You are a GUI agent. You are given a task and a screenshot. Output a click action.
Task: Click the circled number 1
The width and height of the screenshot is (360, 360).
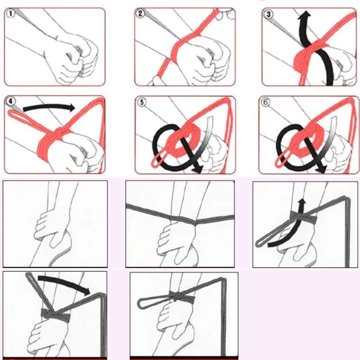click(x=10, y=13)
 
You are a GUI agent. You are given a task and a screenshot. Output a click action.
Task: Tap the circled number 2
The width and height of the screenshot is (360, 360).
click(x=140, y=13)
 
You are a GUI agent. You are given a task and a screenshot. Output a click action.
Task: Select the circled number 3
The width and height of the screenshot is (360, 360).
click(x=268, y=14)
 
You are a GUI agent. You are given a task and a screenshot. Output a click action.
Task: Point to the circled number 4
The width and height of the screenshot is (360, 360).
click(x=11, y=101)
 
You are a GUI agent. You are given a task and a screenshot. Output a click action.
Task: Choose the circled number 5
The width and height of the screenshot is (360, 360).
click(x=142, y=102)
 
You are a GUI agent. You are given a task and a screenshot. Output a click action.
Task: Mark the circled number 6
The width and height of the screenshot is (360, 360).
click(x=265, y=102)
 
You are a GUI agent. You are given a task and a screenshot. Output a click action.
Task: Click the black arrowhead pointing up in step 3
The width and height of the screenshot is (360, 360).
click(x=304, y=14)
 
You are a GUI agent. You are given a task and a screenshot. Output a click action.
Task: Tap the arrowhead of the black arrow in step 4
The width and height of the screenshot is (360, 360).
click(x=71, y=107)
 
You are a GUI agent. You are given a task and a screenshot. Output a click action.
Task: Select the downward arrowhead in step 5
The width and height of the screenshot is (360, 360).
click(x=197, y=169)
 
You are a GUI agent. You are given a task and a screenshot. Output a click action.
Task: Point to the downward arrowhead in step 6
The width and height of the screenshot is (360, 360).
click(x=321, y=169)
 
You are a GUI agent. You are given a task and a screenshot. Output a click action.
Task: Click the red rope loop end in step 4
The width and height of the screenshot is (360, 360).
click(x=11, y=113)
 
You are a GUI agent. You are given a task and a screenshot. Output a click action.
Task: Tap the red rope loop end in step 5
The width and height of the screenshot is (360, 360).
click(x=155, y=163)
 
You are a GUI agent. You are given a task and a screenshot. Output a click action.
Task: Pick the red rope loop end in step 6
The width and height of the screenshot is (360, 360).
click(x=278, y=163)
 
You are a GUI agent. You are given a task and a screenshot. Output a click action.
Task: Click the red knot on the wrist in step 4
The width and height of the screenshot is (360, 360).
click(x=59, y=134)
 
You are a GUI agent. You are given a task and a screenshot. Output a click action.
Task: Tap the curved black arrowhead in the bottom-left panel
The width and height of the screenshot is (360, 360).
click(x=87, y=292)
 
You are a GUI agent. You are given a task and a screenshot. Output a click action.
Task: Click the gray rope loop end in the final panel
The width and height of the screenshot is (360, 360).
click(x=140, y=303)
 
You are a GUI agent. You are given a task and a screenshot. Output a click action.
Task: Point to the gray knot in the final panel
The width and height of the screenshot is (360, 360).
click(x=176, y=296)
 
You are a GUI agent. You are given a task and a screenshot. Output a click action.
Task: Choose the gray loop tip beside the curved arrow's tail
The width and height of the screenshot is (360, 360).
click(x=259, y=243)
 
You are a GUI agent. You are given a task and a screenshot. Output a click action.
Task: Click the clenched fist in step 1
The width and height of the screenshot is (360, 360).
click(x=73, y=58)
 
